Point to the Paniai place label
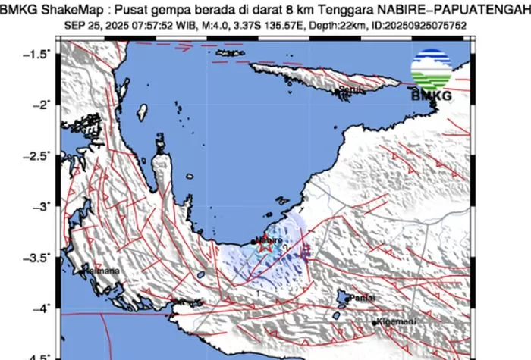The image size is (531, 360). pyautogui.click(x=361, y=299)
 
